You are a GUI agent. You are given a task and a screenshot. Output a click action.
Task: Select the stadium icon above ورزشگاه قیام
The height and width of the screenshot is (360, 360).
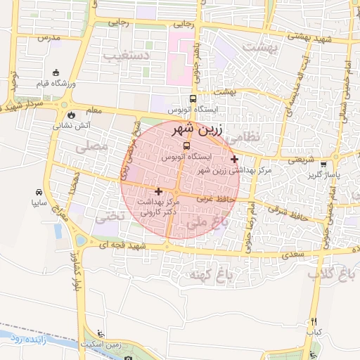click(56, 72)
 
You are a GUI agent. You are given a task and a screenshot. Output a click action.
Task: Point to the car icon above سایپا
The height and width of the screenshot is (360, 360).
click(38, 192)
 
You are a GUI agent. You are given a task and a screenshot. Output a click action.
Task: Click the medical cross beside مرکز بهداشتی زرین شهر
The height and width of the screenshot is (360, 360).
click(234, 160)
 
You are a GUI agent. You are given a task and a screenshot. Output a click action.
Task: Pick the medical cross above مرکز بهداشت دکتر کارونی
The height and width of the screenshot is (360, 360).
click(158, 191)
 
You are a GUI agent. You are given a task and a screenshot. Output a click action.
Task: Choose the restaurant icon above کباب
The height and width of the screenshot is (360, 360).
click(314, 321)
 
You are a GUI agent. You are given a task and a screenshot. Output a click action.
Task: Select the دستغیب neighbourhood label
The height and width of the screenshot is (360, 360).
click(127, 54)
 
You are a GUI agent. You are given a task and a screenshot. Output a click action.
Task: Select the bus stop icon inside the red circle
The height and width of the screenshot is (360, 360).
click(185, 146)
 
